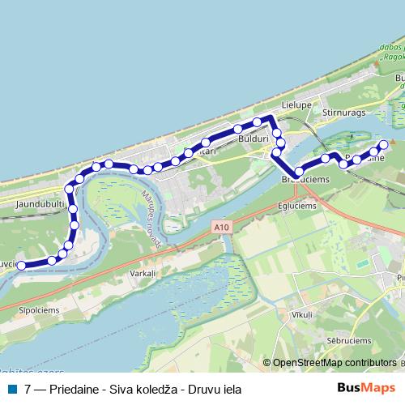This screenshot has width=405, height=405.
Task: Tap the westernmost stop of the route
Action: click(21, 265)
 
